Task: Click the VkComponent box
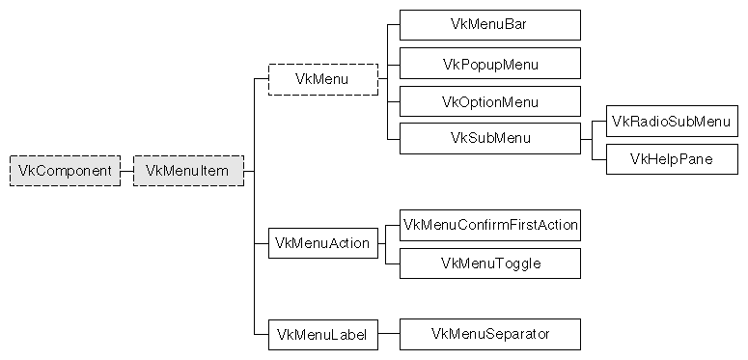click(x=65, y=171)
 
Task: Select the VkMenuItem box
click(x=188, y=171)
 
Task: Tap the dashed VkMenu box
click(x=322, y=79)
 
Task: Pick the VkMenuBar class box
click(x=490, y=25)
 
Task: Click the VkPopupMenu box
click(x=490, y=64)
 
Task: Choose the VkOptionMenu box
click(x=490, y=101)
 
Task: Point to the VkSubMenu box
click(x=490, y=138)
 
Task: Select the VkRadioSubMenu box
click(x=672, y=122)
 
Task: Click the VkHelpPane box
click(x=672, y=159)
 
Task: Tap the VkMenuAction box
click(x=322, y=243)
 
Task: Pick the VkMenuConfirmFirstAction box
click(x=490, y=226)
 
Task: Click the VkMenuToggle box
click(x=490, y=263)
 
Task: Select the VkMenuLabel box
click(x=322, y=334)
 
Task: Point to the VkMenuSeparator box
click(x=490, y=334)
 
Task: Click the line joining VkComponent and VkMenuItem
click(x=126, y=171)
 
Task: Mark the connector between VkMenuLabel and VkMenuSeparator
click(x=388, y=334)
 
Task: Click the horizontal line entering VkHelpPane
click(x=599, y=159)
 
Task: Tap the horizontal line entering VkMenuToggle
click(x=393, y=263)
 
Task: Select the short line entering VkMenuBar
click(x=393, y=25)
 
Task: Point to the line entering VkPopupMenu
click(x=393, y=64)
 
